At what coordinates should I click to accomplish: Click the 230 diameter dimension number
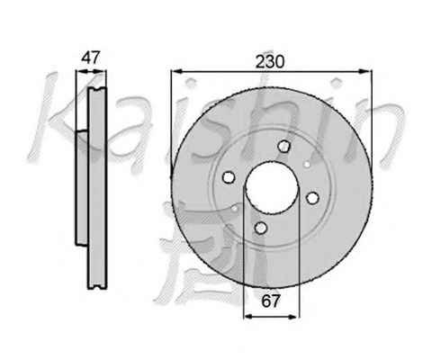coord(269,61)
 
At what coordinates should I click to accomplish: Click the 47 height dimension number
coord(90,58)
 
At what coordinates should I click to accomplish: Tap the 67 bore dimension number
coord(271,301)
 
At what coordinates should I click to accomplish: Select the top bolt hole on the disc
coord(283,146)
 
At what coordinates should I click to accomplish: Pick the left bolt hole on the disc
coord(229,176)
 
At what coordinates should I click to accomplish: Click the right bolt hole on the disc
coord(312,198)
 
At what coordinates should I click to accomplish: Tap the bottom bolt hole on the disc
coord(261,228)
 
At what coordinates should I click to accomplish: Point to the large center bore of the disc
coord(272,187)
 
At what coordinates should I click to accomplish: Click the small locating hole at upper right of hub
coord(307,164)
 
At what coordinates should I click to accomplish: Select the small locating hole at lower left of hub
coord(235,209)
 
